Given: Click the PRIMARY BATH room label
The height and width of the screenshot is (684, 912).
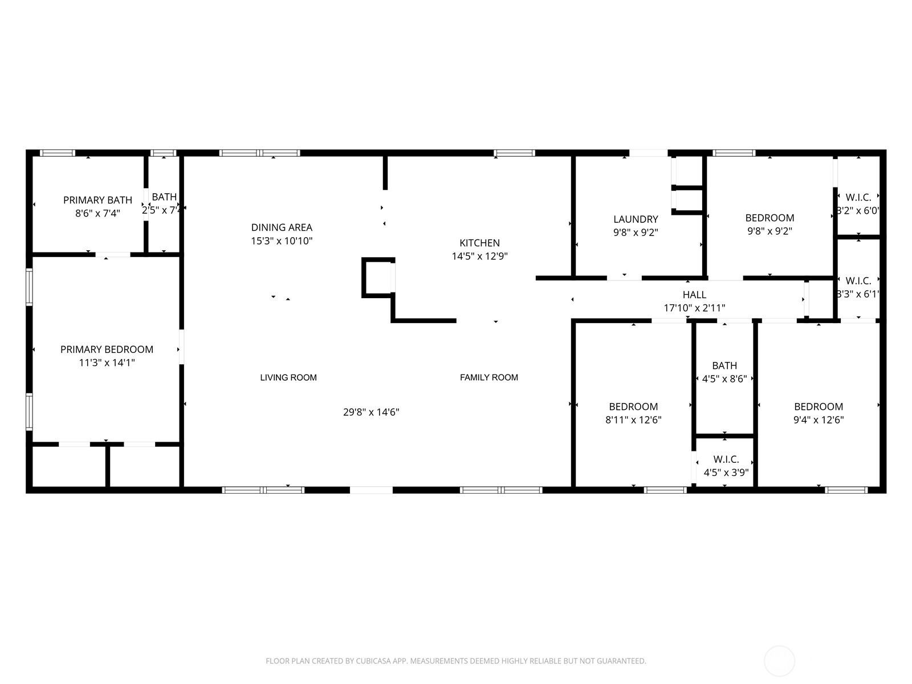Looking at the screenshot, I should coord(97,200).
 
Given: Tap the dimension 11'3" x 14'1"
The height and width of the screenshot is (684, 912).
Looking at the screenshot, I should coord(107,363).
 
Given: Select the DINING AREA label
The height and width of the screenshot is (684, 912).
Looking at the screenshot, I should coord(282,227).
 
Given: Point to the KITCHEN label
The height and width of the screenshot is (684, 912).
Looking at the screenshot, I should coord(479,243).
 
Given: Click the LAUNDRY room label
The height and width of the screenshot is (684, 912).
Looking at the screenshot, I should coord(636,219).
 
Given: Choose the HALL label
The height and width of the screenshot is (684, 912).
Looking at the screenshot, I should coord(694,295).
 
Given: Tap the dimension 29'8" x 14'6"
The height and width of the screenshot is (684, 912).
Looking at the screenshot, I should coord(370,412).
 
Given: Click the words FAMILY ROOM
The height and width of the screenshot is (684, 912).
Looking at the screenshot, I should coord(488,377).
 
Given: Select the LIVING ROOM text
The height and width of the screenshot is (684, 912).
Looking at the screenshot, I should coord(288,377).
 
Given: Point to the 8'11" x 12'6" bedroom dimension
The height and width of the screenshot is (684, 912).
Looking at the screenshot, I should coord(633,420).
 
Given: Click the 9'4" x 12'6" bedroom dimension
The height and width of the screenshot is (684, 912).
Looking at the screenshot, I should coord(819,420).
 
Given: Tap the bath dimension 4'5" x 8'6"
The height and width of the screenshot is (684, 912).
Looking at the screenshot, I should coord(724,378).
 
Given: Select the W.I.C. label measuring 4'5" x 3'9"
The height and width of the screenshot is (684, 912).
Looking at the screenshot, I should coord(726,459).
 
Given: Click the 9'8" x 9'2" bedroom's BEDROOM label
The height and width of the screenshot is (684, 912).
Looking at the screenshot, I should coord(769,218).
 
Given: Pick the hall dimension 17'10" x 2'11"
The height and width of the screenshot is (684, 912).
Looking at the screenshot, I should coord(694,308).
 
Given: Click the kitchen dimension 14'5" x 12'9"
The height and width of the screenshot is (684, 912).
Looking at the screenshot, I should coord(479,256).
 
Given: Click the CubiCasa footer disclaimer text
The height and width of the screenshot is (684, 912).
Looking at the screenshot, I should coord(455,661).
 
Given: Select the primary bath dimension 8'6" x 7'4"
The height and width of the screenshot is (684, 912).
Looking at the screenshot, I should coord(97,214).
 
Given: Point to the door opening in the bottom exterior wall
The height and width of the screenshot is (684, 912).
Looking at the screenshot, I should coord(370,490).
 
